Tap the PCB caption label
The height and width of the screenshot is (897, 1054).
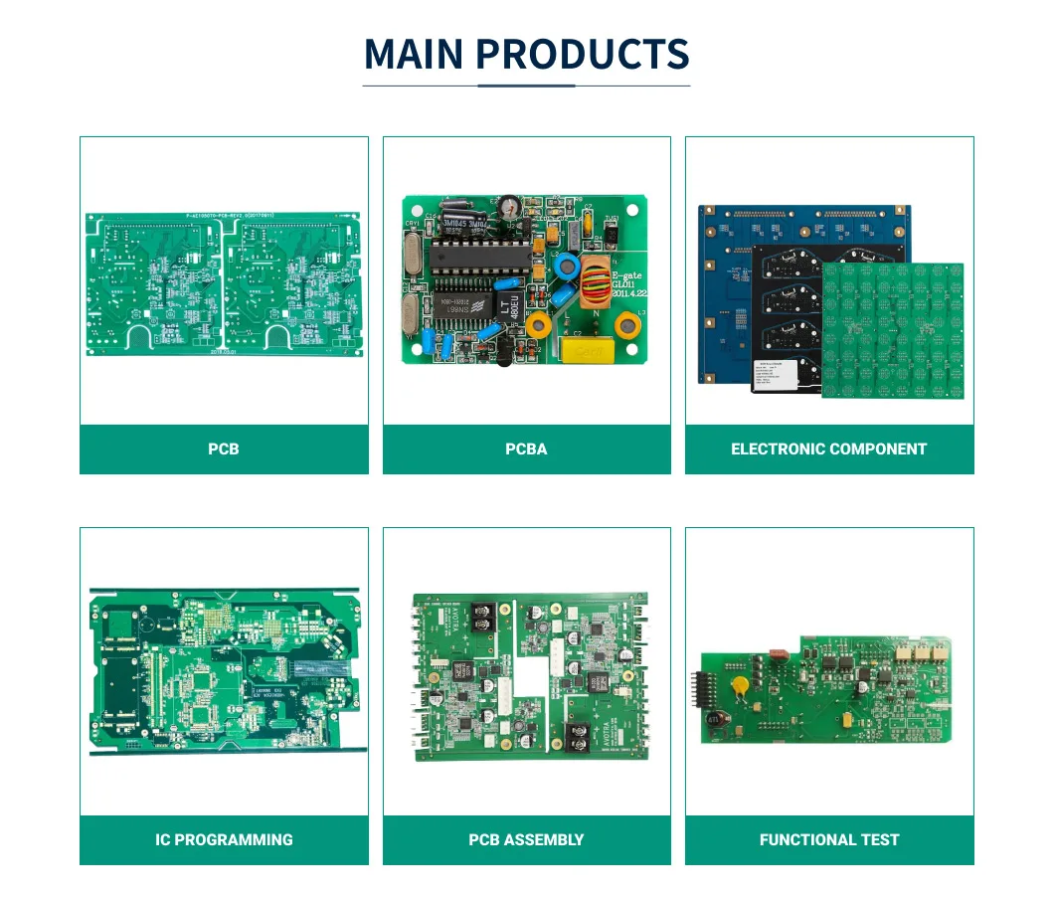pyautogui.click(x=224, y=449)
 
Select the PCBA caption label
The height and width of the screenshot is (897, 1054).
pyautogui.click(x=526, y=449)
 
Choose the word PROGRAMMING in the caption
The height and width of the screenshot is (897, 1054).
pyautogui.click(x=239, y=840)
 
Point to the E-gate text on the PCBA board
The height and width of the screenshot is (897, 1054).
pyautogui.click(x=628, y=274)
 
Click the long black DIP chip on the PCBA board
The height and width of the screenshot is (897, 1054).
pyautogui.click(x=475, y=263)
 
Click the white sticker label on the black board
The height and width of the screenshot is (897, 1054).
pyautogui.click(x=776, y=377)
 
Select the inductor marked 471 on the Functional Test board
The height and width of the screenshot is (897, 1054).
pyautogui.click(x=713, y=719)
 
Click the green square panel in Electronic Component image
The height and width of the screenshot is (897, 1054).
pyautogui.click(x=892, y=330)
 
